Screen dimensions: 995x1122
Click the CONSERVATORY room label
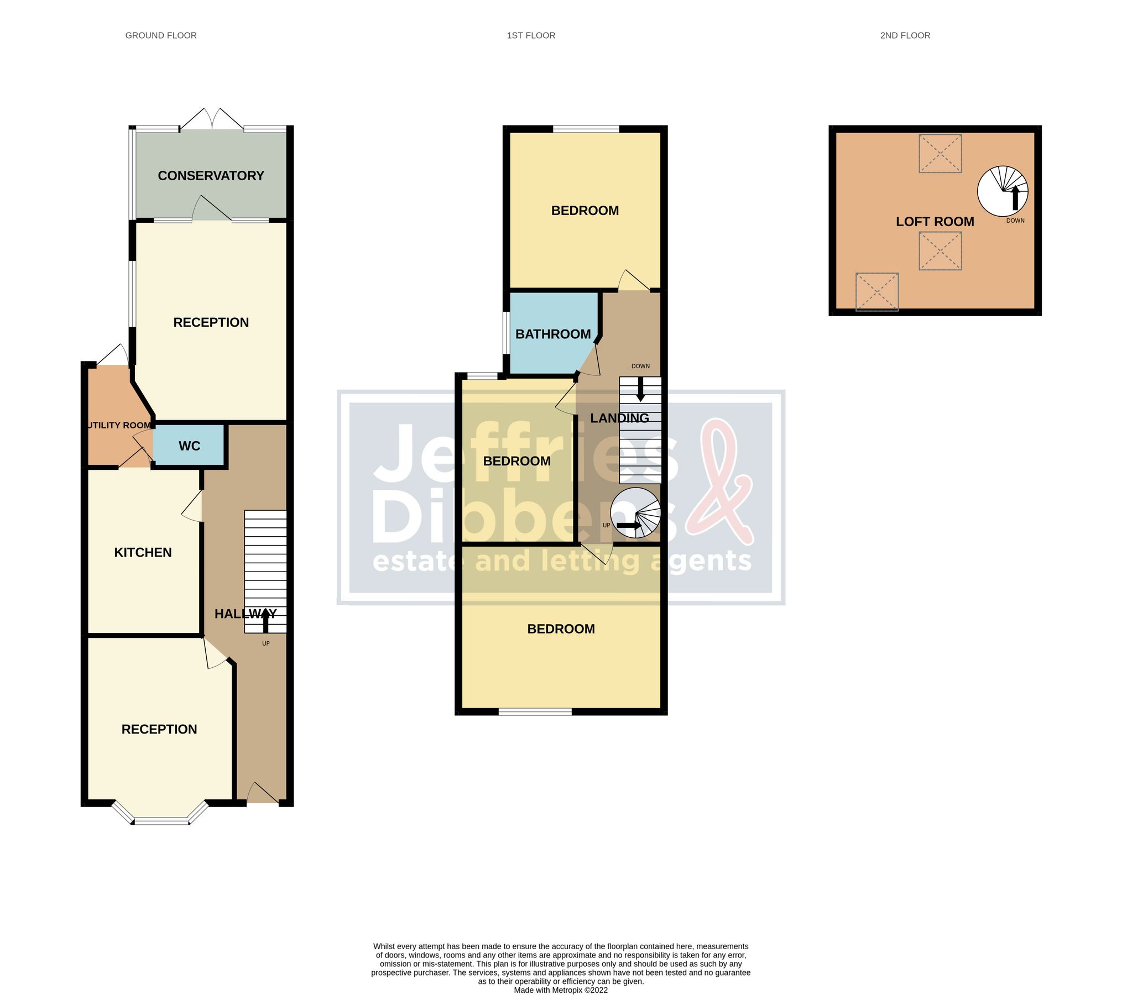(211, 176)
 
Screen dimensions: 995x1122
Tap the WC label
(189, 446)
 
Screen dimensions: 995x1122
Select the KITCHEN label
(143, 552)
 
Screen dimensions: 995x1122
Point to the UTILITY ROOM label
(119, 425)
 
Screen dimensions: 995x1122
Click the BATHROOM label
(553, 334)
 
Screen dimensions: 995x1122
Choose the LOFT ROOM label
(935, 222)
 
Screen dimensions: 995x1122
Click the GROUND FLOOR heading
(161, 35)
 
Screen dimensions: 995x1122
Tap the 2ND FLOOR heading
(905, 35)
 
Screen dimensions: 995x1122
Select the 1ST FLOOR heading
(531, 35)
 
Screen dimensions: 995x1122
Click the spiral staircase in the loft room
(1003, 191)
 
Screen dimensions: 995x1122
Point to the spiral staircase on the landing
(635, 513)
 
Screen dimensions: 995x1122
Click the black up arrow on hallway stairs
(265, 620)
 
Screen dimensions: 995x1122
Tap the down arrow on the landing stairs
(640, 389)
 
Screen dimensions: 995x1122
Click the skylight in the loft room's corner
(876, 292)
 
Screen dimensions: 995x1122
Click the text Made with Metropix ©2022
(561, 990)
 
